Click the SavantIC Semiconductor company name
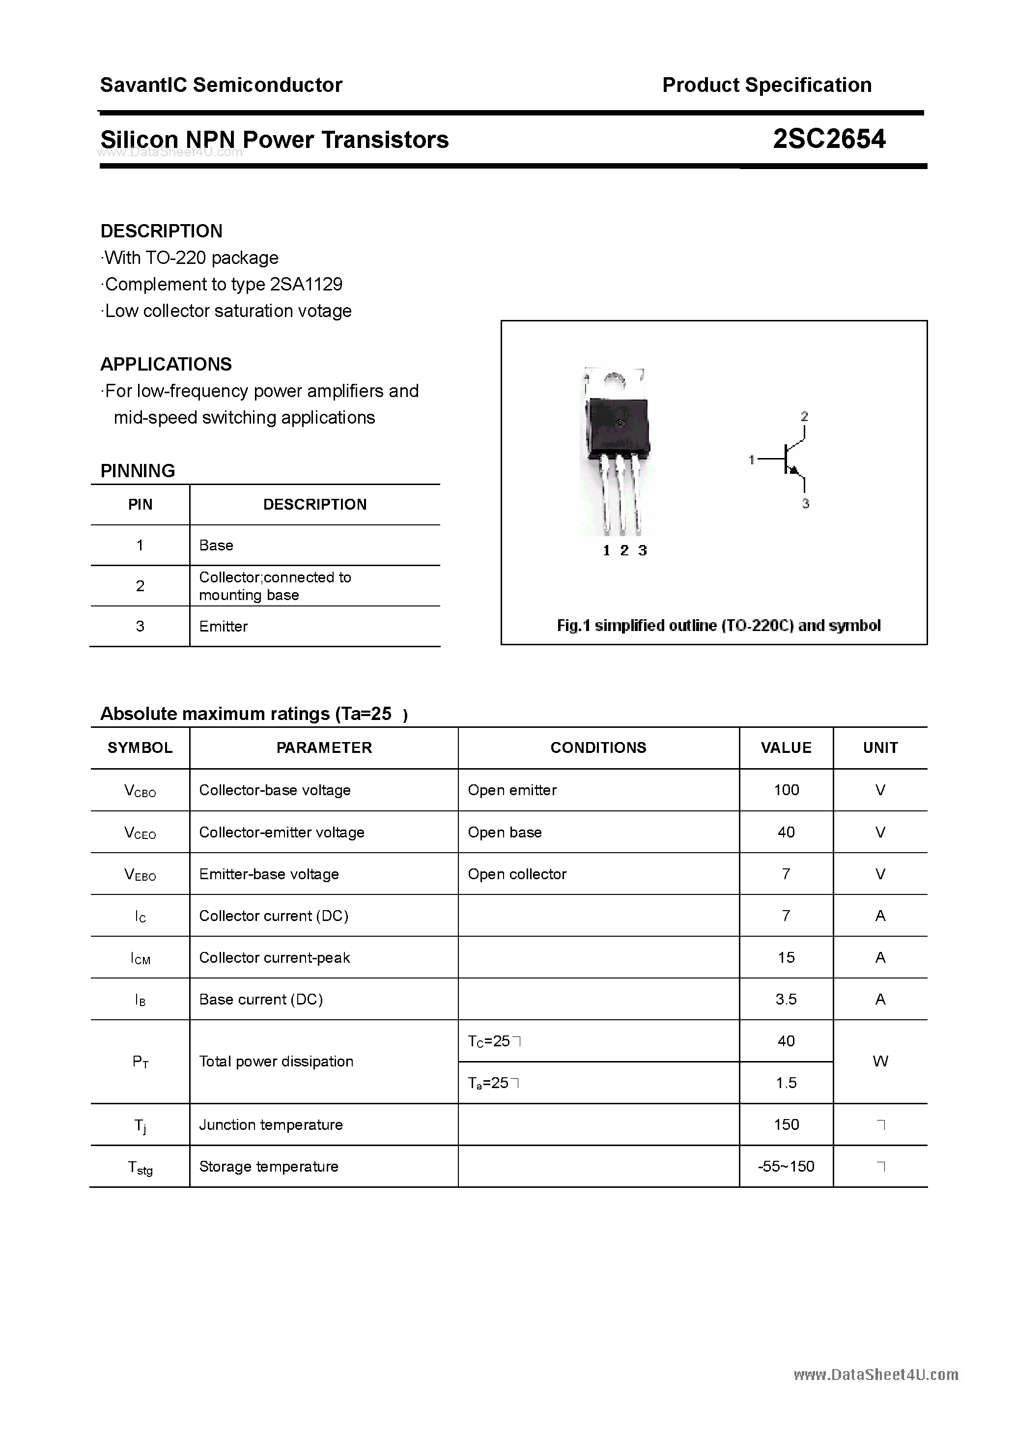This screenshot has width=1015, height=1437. coord(221,85)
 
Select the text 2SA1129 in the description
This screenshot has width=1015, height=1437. coord(306,284)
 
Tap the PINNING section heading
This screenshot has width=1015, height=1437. coord(138,471)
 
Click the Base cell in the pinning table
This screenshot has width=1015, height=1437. coord(216,545)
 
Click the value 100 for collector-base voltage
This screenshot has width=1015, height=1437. coord(786,790)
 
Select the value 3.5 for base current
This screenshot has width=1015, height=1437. coord(786,999)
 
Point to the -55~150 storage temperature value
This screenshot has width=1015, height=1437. coord(786,1166)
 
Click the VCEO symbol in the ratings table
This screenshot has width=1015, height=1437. coord(140,833)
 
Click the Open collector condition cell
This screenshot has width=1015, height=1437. coord(517,874)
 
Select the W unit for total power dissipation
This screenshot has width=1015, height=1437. coord(880,1061)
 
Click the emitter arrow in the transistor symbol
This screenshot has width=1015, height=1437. coord(795,470)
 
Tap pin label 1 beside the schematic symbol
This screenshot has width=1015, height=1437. coord(751,460)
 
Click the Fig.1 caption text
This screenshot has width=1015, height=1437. coord(718,625)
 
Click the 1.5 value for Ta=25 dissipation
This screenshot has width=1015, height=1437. coord(786,1082)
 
